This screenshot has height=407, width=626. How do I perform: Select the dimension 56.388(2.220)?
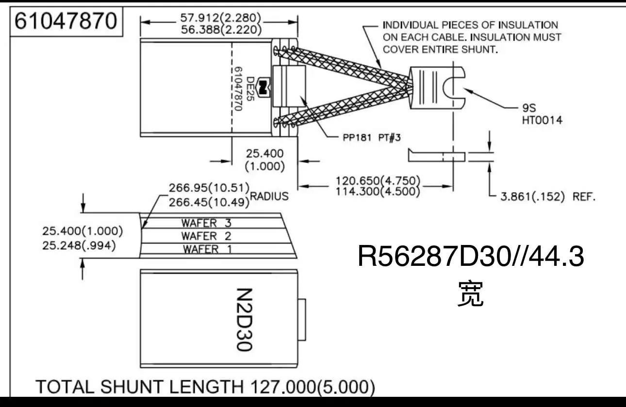click(x=221, y=30)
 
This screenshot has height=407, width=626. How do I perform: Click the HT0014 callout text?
click(x=542, y=120)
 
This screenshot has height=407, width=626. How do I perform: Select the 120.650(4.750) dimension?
click(x=378, y=181)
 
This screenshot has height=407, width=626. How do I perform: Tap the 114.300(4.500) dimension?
click(x=378, y=192)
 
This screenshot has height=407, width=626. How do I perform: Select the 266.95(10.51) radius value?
click(x=209, y=187)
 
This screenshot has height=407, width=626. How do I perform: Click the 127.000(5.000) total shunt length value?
click(x=312, y=387)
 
